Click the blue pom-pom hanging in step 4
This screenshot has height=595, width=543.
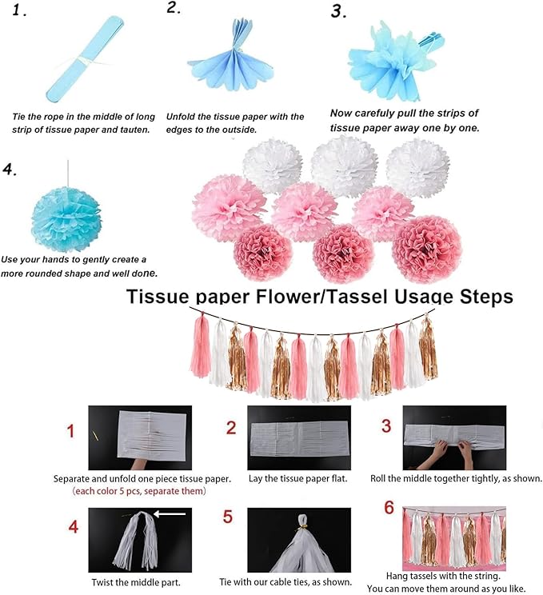tap(66, 219)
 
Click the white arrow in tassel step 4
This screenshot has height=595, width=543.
tap(170, 514)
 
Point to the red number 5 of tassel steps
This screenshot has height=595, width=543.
tap(228, 517)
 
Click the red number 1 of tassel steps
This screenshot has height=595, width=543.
tap(70, 431)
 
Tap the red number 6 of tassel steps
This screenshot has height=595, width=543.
tap(389, 508)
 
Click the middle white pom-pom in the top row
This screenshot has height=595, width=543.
tap(344, 166)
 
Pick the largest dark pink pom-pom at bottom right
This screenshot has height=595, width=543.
tap(427, 249)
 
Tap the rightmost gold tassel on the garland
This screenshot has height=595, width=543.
tap(429, 349)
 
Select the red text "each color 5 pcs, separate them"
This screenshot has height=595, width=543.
tap(139, 491)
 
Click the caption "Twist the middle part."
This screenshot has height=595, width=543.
tap(136, 582)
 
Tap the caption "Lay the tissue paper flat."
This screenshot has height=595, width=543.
tap(297, 478)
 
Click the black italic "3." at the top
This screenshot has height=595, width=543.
tap(338, 11)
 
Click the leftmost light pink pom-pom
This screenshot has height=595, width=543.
tap(229, 207)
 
